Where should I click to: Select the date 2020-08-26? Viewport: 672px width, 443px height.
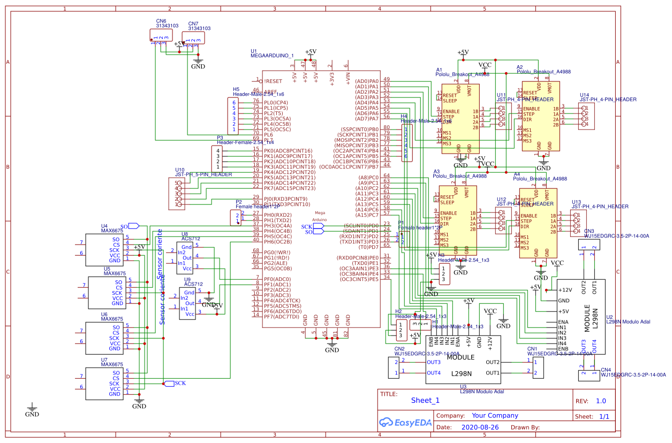[x=480, y=427]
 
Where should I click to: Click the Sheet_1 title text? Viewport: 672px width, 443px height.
[x=425, y=400]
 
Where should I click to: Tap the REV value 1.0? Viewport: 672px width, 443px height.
[x=601, y=401]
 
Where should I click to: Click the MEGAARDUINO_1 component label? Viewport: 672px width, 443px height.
[x=272, y=56]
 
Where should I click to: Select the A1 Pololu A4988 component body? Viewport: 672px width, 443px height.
[x=460, y=117]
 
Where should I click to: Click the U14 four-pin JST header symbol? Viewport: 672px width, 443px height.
[x=586, y=116]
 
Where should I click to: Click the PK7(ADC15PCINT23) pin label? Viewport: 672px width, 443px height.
[x=290, y=188]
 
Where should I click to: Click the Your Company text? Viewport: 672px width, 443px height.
[x=495, y=415]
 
